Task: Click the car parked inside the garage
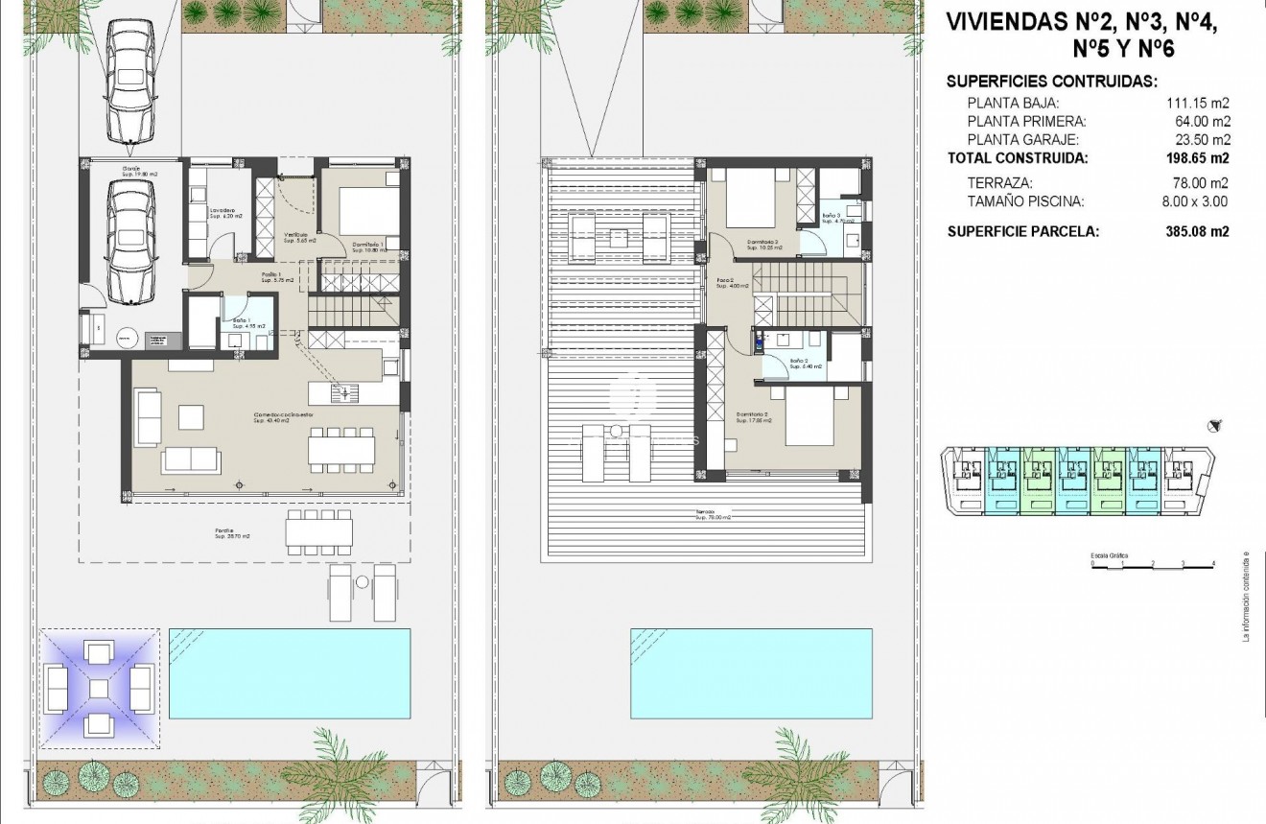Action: point(130,241)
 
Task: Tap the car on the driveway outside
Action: point(130,82)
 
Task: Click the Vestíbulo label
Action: point(295,237)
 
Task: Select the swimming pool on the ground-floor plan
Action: point(290,673)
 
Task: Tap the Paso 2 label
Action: point(725,283)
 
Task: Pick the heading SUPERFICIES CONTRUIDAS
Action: point(1052,82)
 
